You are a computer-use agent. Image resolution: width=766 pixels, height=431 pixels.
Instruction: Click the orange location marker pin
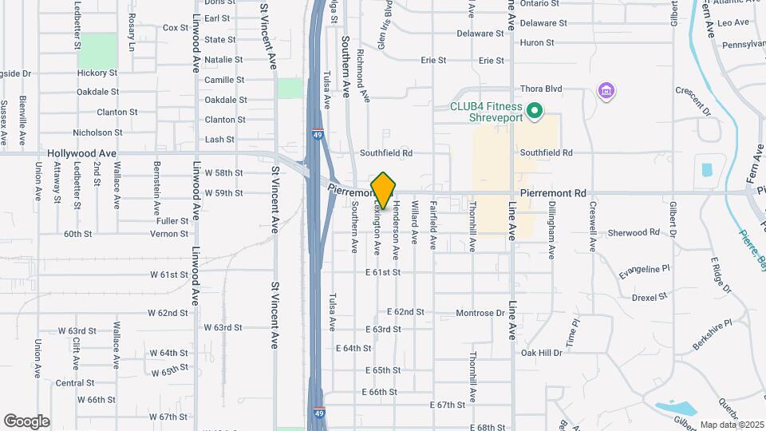[x=384, y=190]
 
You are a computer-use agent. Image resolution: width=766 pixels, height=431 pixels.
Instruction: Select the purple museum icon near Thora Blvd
[x=606, y=91]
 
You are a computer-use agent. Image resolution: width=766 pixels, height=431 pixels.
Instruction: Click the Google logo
[x=27, y=421]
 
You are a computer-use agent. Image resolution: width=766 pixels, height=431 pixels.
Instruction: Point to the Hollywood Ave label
[x=81, y=152]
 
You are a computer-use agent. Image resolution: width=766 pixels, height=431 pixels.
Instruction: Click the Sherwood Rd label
[x=634, y=232]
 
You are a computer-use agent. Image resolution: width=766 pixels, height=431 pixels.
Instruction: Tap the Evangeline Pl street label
[x=643, y=270]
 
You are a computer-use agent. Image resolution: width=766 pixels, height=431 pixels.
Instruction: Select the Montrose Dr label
[x=480, y=313]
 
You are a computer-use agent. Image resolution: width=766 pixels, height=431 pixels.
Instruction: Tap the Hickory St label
[x=97, y=73]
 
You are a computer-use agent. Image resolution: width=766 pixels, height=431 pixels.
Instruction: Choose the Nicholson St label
[x=97, y=132]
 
